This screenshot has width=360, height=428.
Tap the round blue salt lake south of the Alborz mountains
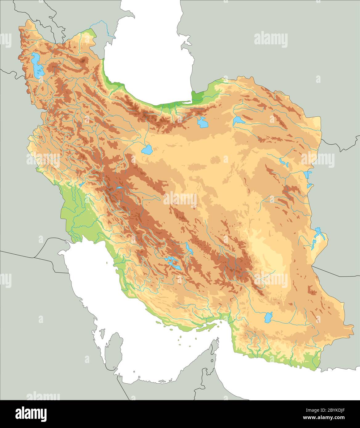(x=147, y=150)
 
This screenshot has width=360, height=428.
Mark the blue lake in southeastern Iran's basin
(x=268, y=317)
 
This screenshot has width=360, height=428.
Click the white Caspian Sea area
(x=148, y=46)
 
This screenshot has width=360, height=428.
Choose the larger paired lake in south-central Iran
(x=173, y=263)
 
